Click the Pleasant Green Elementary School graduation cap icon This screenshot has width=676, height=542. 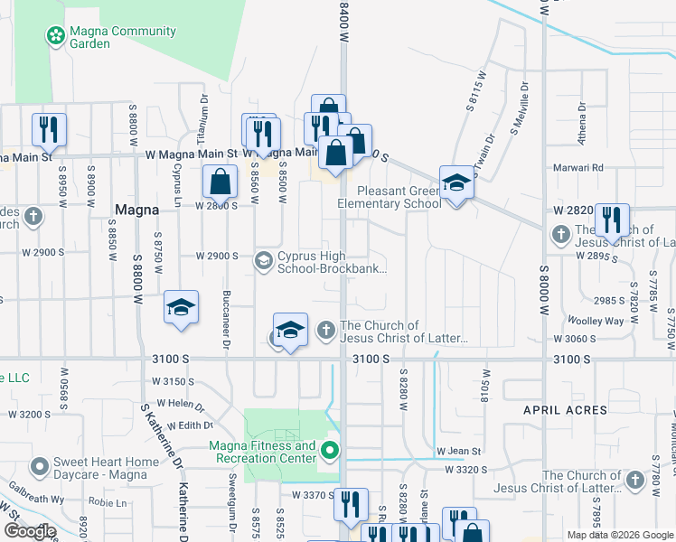456,184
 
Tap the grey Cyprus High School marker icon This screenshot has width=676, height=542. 264,262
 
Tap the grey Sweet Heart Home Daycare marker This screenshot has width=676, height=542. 39,468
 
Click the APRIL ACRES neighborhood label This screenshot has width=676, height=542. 565,410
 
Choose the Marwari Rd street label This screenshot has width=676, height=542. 579,168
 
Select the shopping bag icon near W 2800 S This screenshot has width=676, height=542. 221,182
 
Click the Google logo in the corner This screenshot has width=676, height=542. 30,531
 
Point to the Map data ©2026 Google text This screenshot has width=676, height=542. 620,535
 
